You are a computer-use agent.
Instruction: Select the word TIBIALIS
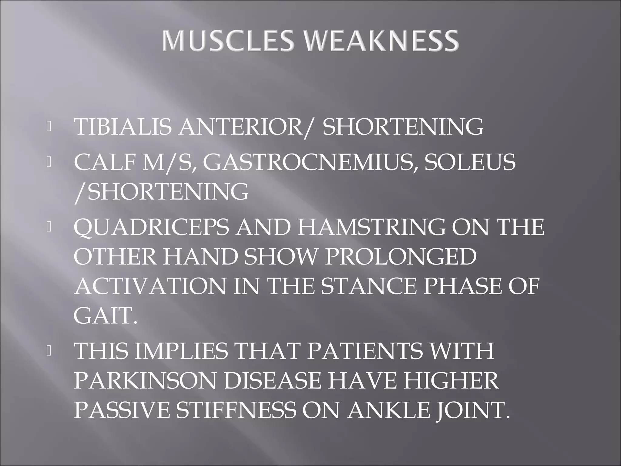[x=123, y=127]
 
